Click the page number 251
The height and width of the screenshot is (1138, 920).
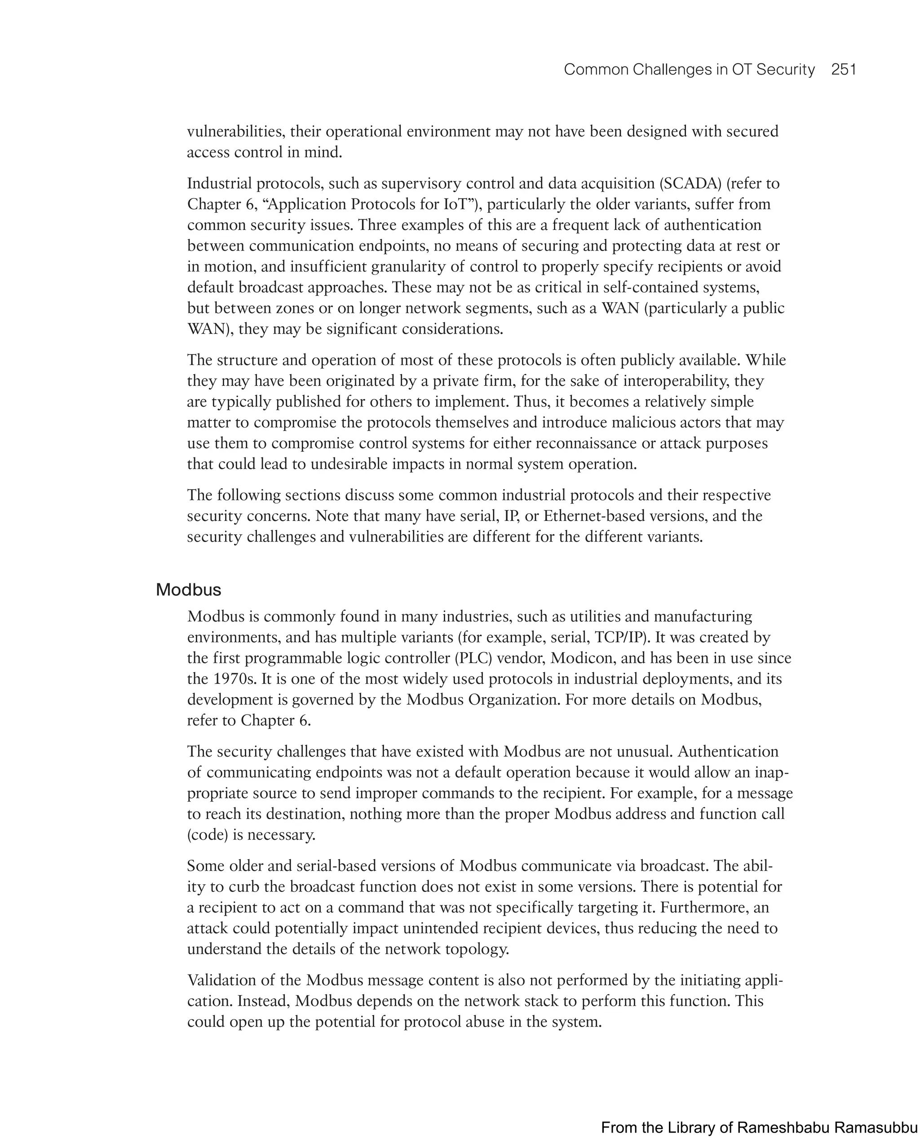pyautogui.click(x=844, y=70)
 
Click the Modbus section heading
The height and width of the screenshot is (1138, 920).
pyautogui.click(x=188, y=590)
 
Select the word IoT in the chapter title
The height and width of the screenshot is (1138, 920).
pyautogui.click(x=457, y=204)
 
